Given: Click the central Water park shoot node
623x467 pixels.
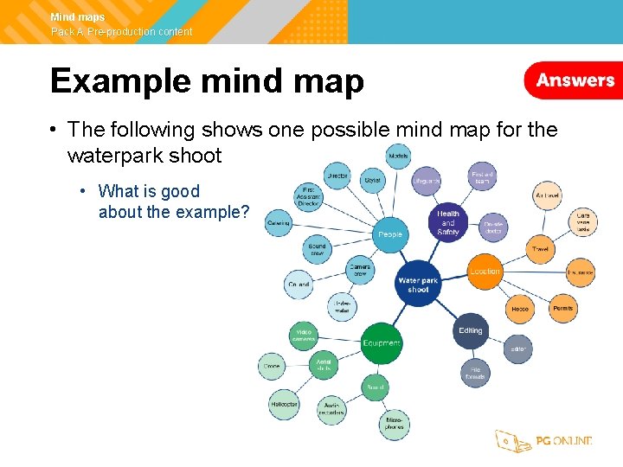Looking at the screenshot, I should tap(418, 284).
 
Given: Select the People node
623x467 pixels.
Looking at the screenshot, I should tap(390, 234).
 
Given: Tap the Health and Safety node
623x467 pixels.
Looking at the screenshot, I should tap(448, 222).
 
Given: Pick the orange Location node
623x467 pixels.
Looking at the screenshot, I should tap(485, 272).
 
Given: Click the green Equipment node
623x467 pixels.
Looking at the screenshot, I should tap(381, 343).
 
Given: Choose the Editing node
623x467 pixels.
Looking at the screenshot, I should tap(471, 331).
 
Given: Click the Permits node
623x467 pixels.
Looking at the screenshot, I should tap(562, 308).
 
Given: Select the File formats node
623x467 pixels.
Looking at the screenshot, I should tap(475, 373).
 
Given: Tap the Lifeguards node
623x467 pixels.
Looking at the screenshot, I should tap(425, 181).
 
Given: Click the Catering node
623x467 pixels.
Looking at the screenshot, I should tap(278, 223).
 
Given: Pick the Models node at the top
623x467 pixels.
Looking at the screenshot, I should tap(398, 157).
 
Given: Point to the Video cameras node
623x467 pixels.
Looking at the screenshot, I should tap(303, 336).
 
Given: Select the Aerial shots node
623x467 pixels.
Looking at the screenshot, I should tap(324, 365).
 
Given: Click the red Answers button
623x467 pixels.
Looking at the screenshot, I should tap(574, 80).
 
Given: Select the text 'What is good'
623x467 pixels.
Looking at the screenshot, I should tap(149, 191).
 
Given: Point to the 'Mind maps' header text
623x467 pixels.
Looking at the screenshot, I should tap(78, 16).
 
